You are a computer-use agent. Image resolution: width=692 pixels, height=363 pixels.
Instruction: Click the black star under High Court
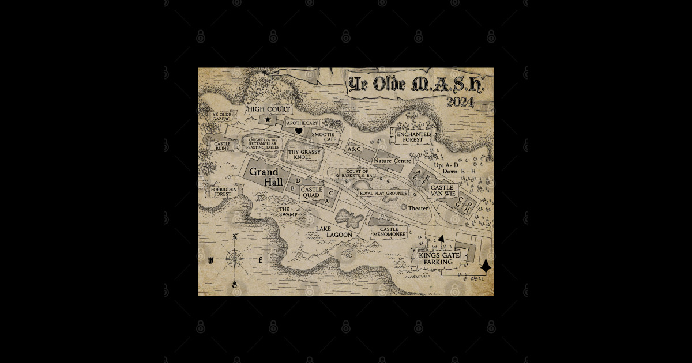click(268, 119)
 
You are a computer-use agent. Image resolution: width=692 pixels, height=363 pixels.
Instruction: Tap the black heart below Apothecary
click(299, 131)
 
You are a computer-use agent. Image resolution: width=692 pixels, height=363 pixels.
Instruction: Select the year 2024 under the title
click(460, 103)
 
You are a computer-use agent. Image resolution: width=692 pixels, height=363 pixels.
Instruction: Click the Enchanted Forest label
click(413, 137)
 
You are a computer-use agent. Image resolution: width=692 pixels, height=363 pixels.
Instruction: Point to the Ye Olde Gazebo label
click(222, 116)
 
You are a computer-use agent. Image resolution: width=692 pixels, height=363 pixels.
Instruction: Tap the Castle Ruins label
click(222, 146)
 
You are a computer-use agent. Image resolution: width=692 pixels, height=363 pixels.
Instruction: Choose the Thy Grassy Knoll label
click(304, 154)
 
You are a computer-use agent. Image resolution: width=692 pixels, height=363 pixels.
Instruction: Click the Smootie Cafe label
click(324, 137)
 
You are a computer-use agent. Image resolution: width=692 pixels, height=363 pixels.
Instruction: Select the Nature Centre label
click(392, 161)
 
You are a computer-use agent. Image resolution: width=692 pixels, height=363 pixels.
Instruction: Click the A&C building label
click(353, 149)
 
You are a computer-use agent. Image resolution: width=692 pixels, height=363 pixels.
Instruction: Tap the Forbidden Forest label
click(223, 192)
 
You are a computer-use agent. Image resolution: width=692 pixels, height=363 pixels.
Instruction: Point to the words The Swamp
click(288, 212)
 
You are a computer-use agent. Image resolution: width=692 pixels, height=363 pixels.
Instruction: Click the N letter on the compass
click(235, 237)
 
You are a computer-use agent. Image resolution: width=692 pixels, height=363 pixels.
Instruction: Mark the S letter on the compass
click(235, 285)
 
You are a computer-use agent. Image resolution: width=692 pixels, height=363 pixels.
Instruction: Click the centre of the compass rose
click(235, 259)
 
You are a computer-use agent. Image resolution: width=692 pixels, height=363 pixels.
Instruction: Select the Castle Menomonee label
click(389, 232)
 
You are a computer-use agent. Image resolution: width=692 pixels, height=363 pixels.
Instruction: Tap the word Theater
click(418, 208)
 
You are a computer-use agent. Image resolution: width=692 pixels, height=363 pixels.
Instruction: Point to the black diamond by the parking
click(486, 266)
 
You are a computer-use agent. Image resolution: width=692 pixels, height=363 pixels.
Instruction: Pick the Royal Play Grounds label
click(383, 193)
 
